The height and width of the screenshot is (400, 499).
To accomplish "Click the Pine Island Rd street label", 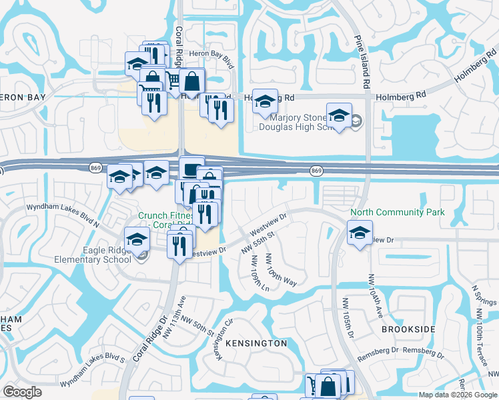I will (x=366, y=63).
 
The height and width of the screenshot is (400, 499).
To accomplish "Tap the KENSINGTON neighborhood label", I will (x=256, y=343).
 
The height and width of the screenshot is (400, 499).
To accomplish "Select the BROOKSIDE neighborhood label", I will (x=408, y=329).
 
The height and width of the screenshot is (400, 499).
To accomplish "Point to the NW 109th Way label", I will (x=281, y=269).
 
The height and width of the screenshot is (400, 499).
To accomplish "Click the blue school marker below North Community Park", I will (x=360, y=234).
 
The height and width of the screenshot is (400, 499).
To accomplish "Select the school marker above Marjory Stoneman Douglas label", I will (x=339, y=116).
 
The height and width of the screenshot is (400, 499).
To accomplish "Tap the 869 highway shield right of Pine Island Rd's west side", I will (x=316, y=171).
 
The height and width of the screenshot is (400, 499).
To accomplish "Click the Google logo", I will (x=23, y=392).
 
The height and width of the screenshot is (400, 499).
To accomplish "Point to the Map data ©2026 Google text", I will (x=458, y=395).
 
